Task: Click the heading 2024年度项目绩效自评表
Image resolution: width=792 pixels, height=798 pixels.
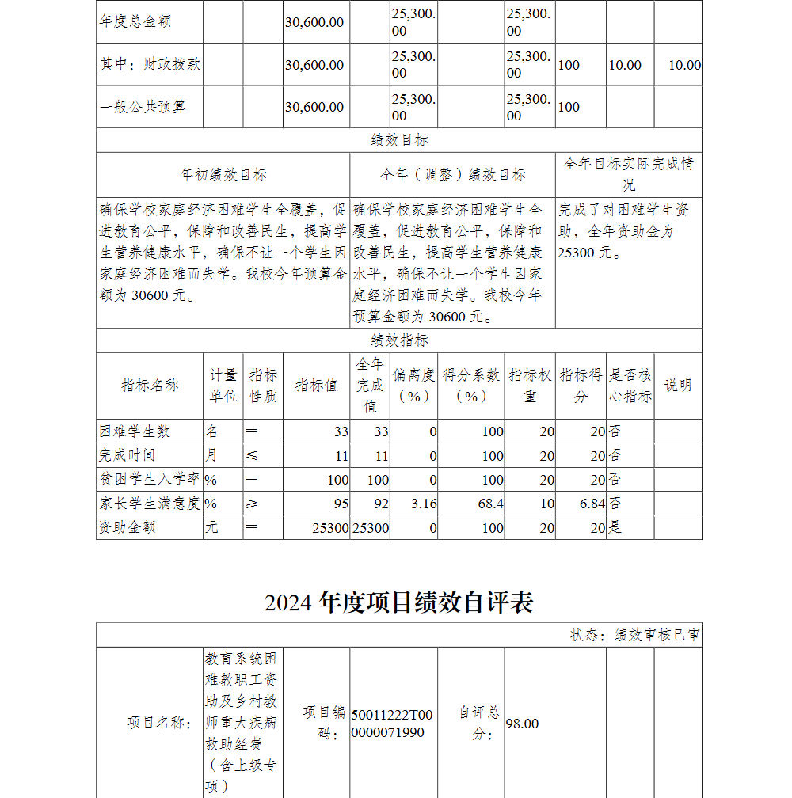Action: (x=398, y=602)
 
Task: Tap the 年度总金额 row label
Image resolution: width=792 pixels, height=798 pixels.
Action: (x=135, y=21)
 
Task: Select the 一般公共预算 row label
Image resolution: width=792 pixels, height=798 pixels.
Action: (x=143, y=107)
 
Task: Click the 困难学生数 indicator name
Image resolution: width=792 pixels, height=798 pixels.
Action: (x=135, y=431)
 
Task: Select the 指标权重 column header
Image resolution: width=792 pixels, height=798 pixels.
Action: (x=530, y=386)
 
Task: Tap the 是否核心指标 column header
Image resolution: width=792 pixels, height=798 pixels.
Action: (x=630, y=386)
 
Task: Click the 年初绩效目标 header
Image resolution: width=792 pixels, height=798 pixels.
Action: (x=223, y=175)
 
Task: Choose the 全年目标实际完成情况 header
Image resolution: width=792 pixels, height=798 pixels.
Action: (x=628, y=174)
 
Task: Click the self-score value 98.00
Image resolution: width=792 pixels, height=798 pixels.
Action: (x=522, y=724)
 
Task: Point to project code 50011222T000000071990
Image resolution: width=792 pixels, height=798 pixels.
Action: (x=392, y=724)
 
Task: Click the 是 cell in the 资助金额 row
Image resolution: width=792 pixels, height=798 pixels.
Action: (x=615, y=527)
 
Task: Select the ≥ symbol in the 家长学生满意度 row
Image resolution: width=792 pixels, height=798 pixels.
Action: (x=251, y=503)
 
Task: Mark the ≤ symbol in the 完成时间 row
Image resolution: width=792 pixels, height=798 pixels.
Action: (x=251, y=456)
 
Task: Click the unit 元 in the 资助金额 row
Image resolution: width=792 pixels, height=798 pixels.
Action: (x=211, y=527)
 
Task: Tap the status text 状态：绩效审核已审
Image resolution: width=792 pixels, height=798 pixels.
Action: (x=634, y=635)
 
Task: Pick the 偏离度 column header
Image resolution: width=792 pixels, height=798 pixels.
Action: (x=413, y=386)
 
